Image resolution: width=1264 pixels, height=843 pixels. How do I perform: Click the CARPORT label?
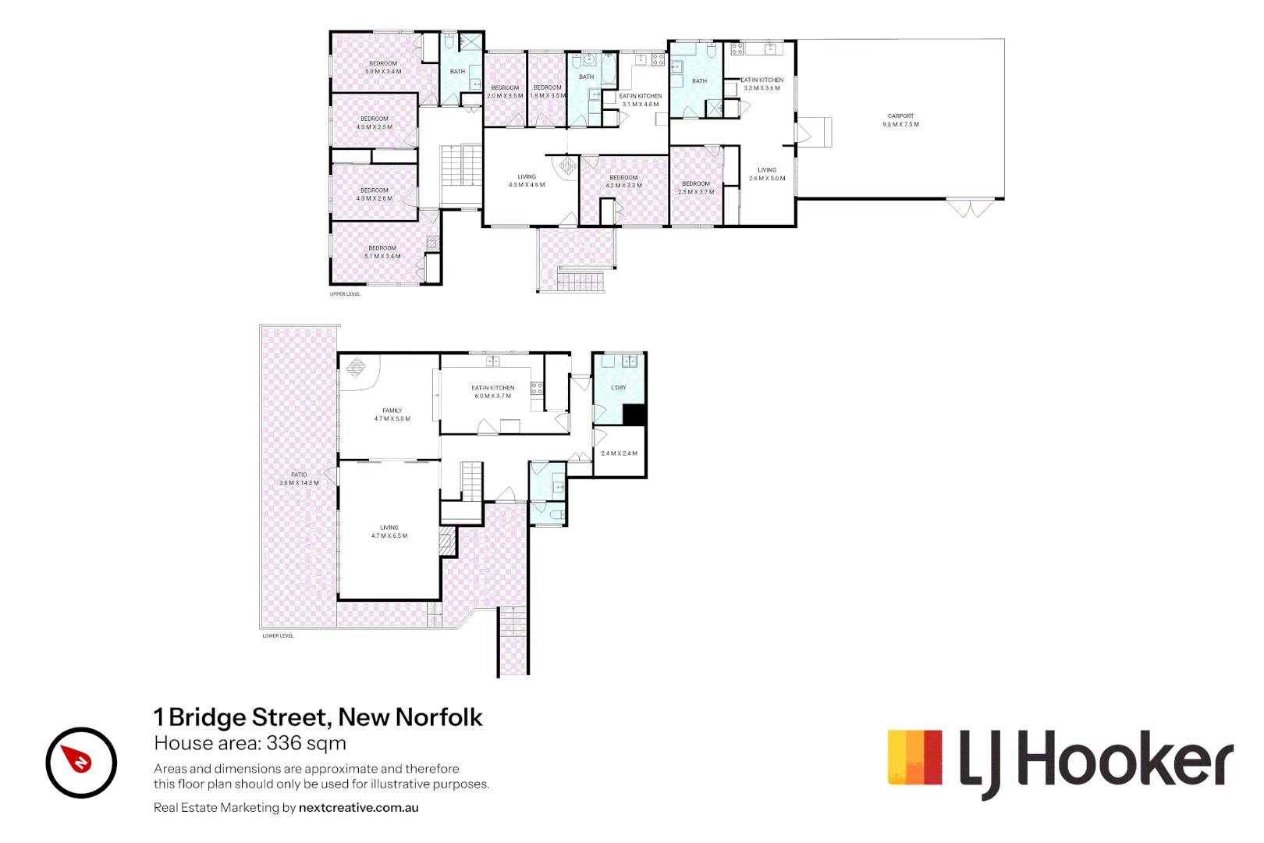(x=900, y=119)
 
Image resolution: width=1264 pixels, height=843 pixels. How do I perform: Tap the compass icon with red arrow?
(x=81, y=763)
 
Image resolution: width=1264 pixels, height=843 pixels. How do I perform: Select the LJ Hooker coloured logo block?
(x=914, y=757)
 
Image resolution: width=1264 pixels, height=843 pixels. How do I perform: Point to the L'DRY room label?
(x=618, y=387)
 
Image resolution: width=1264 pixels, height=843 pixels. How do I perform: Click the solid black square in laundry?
(x=634, y=414)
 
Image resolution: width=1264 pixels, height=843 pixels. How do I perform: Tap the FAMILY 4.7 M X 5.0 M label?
(x=392, y=414)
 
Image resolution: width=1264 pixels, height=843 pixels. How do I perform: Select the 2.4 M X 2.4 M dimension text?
(x=619, y=453)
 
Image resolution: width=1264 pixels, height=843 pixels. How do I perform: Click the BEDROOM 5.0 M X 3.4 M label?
(x=383, y=67)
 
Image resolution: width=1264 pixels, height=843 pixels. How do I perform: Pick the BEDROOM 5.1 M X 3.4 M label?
(x=382, y=252)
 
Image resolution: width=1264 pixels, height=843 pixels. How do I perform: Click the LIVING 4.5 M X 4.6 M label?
(x=527, y=180)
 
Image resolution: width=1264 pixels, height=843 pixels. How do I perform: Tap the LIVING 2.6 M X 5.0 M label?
(x=767, y=174)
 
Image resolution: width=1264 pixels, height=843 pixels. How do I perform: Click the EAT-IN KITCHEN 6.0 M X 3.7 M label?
(x=492, y=392)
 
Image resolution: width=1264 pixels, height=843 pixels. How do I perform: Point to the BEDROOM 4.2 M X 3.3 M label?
(x=623, y=181)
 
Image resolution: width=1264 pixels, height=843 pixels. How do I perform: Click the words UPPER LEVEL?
(x=345, y=294)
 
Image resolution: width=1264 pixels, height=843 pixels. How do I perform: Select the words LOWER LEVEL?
(x=278, y=636)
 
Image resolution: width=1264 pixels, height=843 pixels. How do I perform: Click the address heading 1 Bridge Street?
(x=318, y=717)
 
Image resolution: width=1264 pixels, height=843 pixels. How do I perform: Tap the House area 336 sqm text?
(x=250, y=743)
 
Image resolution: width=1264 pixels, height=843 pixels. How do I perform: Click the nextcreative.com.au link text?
(x=358, y=808)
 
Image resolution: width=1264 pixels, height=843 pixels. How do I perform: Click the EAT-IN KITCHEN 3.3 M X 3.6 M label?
(x=762, y=84)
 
